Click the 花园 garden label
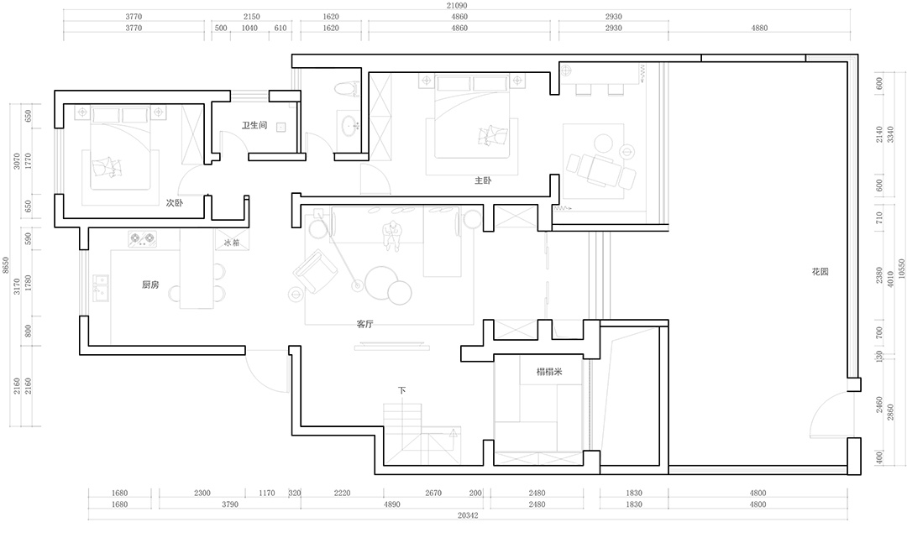point(820,271)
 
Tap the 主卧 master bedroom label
point(483,180)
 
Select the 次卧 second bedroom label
point(174,202)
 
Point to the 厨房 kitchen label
point(150,285)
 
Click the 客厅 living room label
point(365,324)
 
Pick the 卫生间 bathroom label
point(254,125)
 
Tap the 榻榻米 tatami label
point(549,371)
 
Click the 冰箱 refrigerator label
point(232,243)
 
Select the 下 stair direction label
point(402,390)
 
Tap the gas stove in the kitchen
point(142,238)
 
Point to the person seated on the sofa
point(393,236)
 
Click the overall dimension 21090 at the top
point(456,5)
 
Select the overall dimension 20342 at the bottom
point(468,515)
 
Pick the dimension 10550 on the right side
point(901,270)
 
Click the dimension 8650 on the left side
point(6,265)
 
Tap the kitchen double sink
point(101,288)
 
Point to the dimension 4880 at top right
point(759,28)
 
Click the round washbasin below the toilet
point(349,125)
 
